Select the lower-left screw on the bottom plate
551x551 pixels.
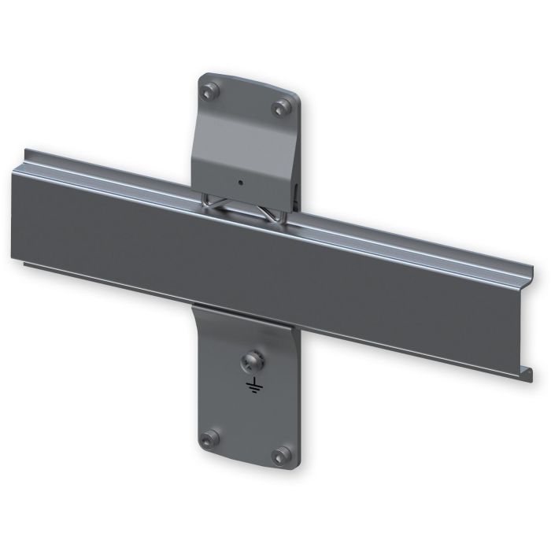pyautogui.click(x=208, y=438)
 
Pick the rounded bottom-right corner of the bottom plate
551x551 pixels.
pyautogui.click(x=292, y=464)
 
